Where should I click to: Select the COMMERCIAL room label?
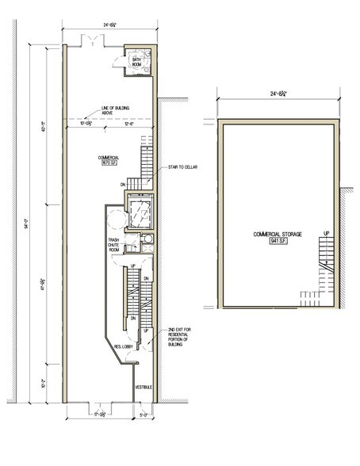point(109,159)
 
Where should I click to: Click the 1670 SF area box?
point(109,164)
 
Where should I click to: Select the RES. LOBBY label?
point(122,346)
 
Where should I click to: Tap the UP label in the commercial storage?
point(326,233)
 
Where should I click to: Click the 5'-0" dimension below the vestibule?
point(143,414)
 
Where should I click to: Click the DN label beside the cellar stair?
point(124,184)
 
